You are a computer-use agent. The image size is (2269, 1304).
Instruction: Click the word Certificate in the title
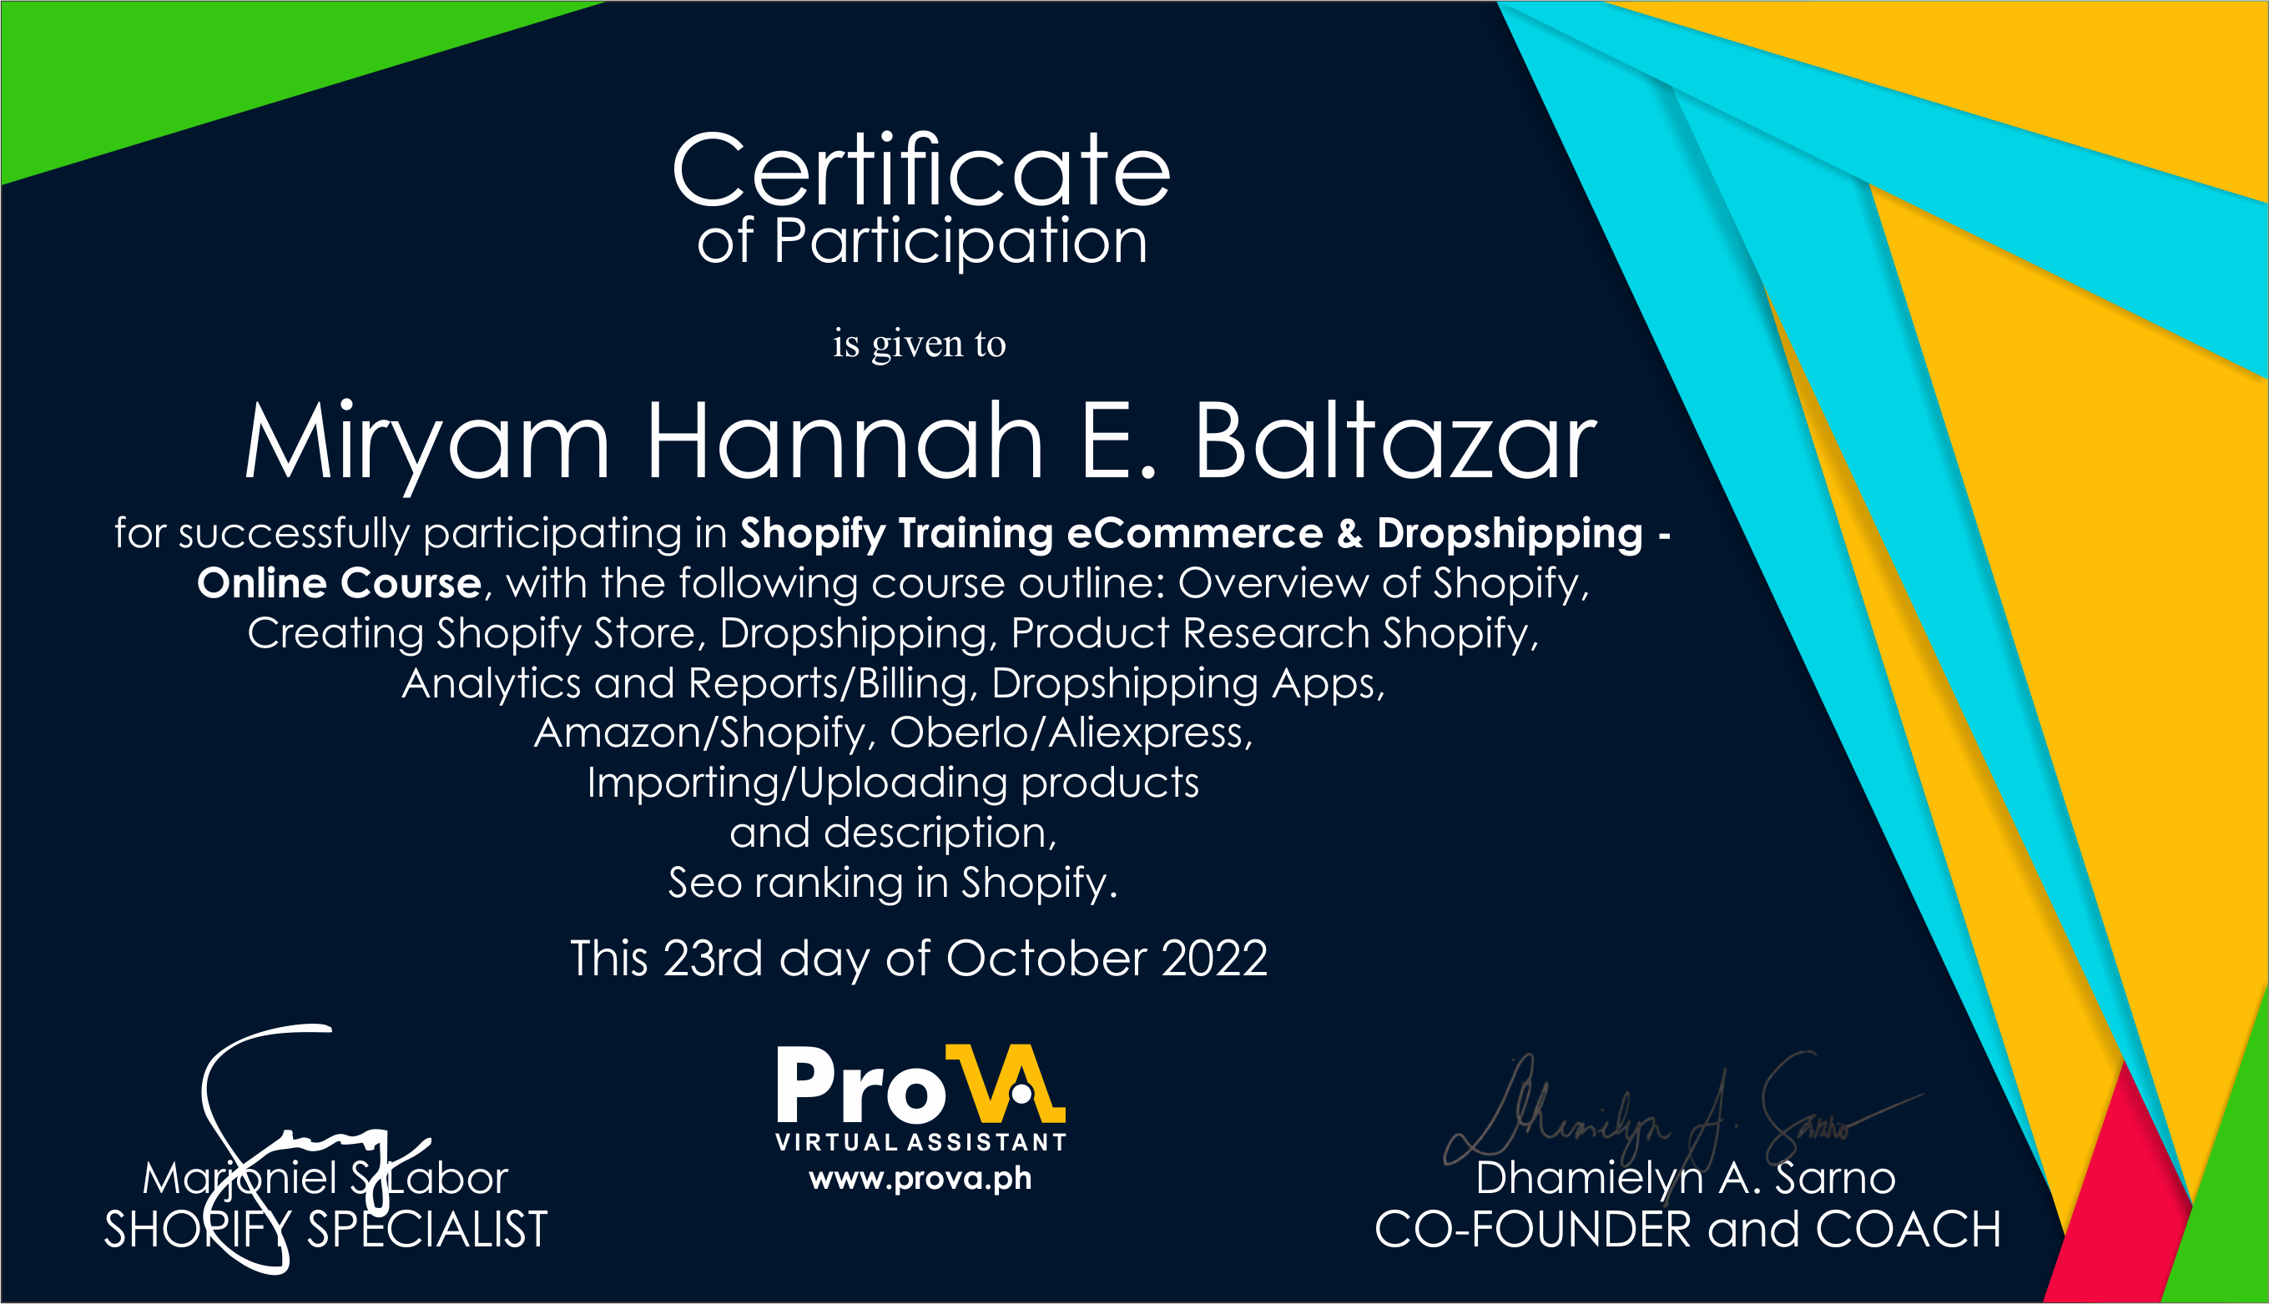[920, 170]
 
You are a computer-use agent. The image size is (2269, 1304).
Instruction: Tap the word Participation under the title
[960, 241]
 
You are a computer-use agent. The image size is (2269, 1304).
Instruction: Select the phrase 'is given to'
[919, 344]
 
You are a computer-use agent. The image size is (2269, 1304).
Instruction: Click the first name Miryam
[427, 442]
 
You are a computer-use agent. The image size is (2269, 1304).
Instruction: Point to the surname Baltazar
[1394, 442]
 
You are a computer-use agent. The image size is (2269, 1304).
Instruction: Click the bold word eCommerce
[1194, 534]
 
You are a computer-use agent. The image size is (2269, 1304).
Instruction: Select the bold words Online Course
[340, 584]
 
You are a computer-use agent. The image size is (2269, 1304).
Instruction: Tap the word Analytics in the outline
[491, 684]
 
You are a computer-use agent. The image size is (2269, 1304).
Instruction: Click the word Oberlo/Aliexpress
[1071, 733]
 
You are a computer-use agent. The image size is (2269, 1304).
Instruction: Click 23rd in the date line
[713, 959]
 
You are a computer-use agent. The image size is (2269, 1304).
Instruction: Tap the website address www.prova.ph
[920, 1179]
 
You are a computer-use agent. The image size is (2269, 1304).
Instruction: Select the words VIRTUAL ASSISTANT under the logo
[920, 1143]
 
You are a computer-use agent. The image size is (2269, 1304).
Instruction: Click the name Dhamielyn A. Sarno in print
[1685, 1179]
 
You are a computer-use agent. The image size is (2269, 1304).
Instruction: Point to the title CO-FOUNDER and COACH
[1687, 1230]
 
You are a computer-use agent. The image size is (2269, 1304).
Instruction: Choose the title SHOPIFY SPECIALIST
[325, 1230]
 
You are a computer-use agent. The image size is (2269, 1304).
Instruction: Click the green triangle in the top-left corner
[179, 72]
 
